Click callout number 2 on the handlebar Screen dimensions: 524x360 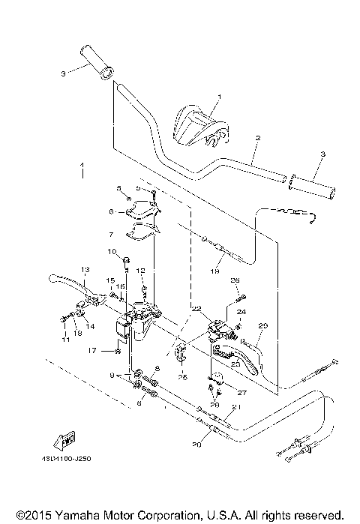257,139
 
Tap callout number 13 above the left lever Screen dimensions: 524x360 85,269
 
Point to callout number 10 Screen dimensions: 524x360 111,251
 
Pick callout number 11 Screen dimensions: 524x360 65,340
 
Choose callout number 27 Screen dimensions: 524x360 241,391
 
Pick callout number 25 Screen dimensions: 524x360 182,378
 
